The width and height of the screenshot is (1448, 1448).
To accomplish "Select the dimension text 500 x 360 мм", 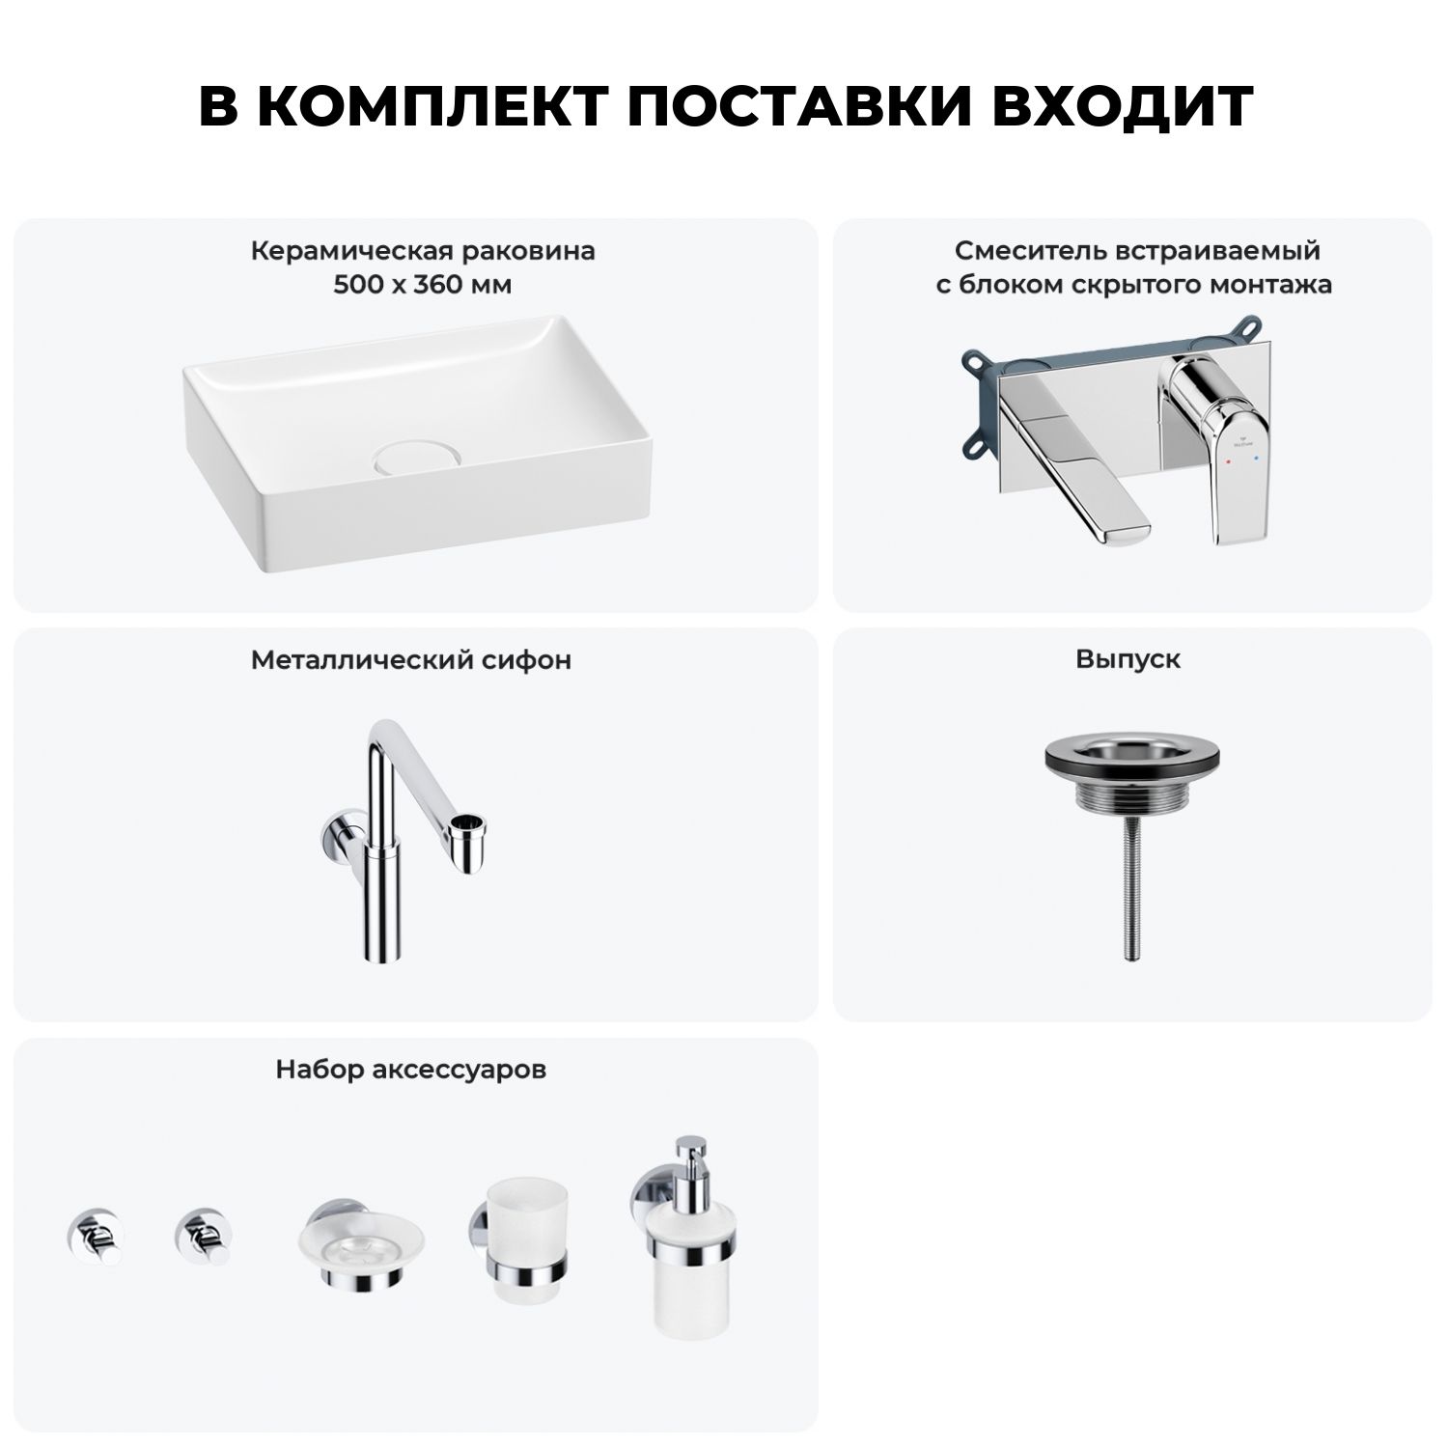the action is point(423,285).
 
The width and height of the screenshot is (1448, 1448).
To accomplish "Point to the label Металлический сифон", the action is point(411,659).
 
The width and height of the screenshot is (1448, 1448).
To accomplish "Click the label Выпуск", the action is point(1128,659).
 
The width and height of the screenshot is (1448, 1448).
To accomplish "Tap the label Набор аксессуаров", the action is point(411,1070).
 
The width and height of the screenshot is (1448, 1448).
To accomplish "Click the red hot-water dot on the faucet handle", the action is point(1227,463).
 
